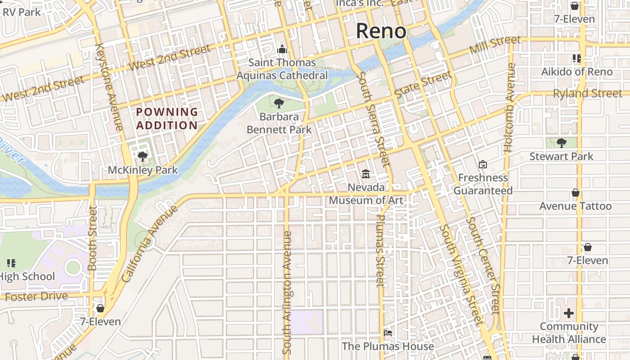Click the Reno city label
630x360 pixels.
(x=381, y=31)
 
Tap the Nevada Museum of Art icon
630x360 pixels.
(x=366, y=174)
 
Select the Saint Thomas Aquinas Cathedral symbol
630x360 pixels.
(x=282, y=49)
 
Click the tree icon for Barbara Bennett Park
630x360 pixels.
(x=279, y=103)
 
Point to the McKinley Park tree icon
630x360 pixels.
(x=143, y=157)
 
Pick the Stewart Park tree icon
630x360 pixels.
(x=561, y=143)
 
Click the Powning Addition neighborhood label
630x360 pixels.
(x=167, y=118)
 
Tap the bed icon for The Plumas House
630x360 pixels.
(x=388, y=333)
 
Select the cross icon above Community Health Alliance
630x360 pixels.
(x=569, y=313)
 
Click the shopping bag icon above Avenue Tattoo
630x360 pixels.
(x=575, y=193)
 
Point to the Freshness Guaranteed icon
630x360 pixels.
(x=483, y=164)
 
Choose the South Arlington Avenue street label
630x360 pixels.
(x=288, y=292)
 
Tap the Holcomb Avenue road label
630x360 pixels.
(x=509, y=107)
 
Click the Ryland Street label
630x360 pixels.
(x=587, y=94)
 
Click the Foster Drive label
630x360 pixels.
(x=36, y=297)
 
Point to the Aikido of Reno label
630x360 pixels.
(x=576, y=72)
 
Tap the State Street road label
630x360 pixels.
(x=423, y=84)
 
